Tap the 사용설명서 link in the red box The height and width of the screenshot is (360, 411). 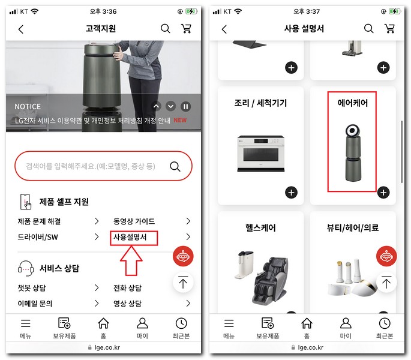[134, 238]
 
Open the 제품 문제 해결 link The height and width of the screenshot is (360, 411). [40, 221]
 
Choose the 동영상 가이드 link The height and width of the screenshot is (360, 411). [134, 221]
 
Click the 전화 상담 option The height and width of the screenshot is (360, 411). [127, 288]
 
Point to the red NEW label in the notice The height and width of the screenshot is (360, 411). [180, 120]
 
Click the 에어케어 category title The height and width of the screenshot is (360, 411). [352, 103]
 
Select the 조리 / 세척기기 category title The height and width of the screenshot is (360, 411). [260, 103]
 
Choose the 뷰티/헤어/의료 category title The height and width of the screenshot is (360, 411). [352, 228]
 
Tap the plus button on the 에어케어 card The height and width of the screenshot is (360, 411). [383, 193]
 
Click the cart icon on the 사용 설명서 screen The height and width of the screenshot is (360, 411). [389, 29]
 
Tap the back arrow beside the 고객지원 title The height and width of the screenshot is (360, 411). [21, 29]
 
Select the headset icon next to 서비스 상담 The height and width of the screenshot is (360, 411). [26, 268]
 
